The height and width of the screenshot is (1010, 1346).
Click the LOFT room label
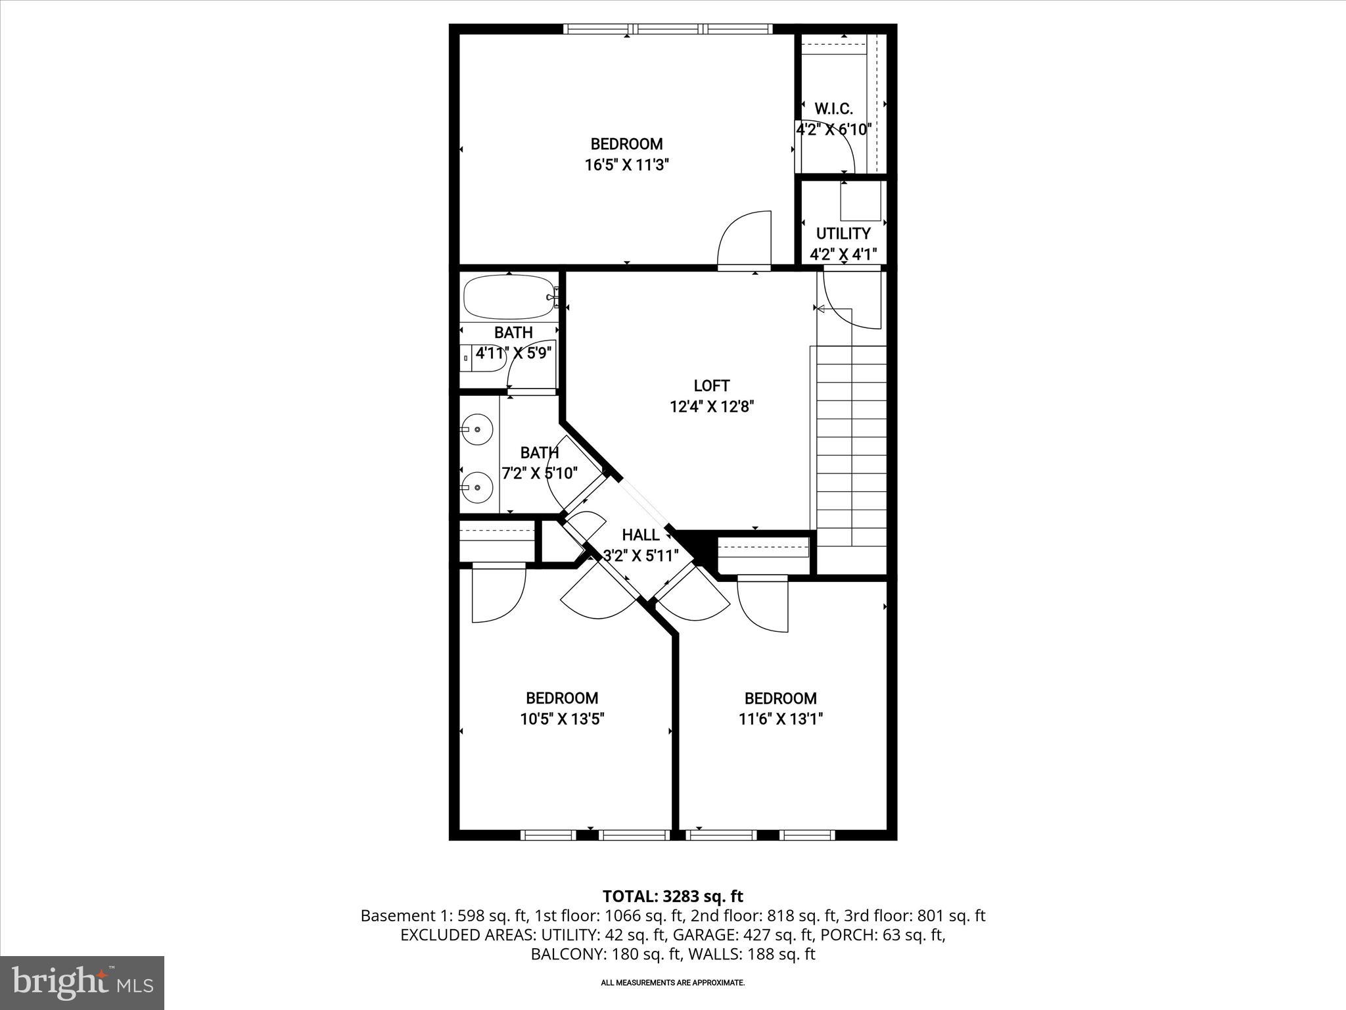click(x=711, y=386)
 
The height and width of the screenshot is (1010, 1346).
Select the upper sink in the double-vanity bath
click(x=476, y=430)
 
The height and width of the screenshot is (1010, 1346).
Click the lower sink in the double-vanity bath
click(x=476, y=487)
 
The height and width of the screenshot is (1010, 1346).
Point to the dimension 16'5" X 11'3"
click(x=626, y=165)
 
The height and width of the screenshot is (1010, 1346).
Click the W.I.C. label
click(x=833, y=109)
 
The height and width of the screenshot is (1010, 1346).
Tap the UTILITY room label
click(x=843, y=233)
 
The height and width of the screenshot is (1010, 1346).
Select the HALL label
click(x=640, y=535)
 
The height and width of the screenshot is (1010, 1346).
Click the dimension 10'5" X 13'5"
click(x=562, y=719)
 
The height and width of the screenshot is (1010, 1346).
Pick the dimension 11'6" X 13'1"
click(x=780, y=719)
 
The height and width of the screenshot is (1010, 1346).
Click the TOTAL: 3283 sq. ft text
click(x=672, y=896)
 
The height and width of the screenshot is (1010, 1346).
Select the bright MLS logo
click(x=82, y=983)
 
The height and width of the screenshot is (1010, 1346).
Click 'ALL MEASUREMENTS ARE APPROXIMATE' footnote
click(x=672, y=983)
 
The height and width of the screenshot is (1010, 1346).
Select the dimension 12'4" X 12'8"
click(x=711, y=407)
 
